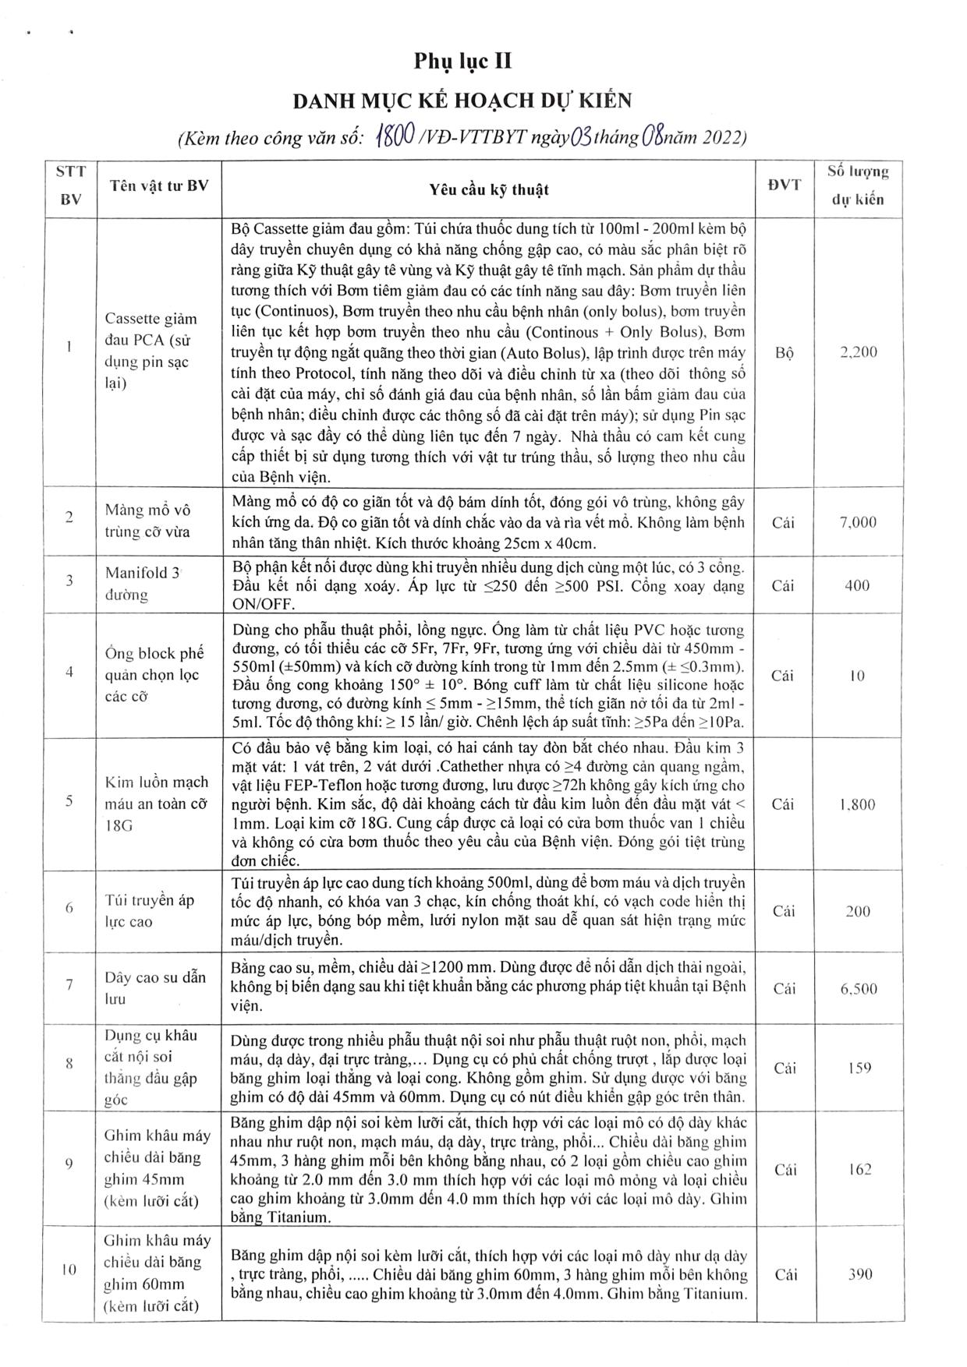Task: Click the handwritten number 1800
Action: pos(394,137)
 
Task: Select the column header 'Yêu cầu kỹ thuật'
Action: pos(489,189)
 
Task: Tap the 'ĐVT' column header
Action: pos(785,186)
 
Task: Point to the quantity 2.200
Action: pos(858,352)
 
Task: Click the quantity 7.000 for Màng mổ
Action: pos(858,522)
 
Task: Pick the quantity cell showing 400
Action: pos(857,585)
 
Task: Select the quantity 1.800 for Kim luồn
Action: pos(858,805)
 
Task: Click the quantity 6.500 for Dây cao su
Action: pos(858,988)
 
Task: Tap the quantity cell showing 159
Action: pos(859,1068)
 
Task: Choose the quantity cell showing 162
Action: pos(859,1170)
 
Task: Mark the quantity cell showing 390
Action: pos(859,1275)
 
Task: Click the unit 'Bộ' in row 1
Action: pos(785,352)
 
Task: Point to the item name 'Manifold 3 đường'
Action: pos(143,584)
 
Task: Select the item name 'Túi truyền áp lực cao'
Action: pos(150,911)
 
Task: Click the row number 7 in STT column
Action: pos(69,984)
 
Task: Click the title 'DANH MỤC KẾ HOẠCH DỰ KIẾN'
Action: pos(462,101)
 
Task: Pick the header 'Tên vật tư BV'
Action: pos(159,186)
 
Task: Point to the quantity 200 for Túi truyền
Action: pos(858,911)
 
